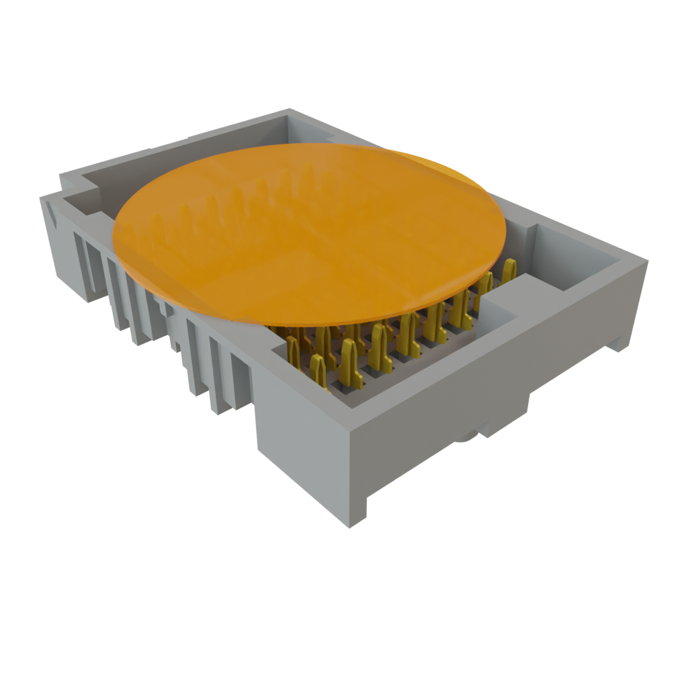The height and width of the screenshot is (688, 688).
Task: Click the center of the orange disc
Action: pos(309,232)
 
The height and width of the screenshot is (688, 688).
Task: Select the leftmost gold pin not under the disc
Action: pos(293,349)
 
